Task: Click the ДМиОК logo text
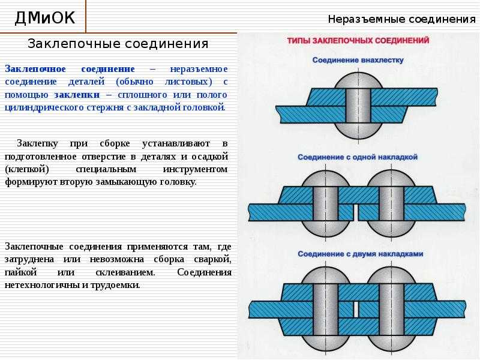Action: (44, 17)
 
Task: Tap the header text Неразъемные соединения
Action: (402, 19)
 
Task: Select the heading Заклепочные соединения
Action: (118, 44)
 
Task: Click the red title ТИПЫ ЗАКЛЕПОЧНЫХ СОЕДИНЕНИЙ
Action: (358, 40)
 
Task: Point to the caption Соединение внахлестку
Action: (358, 60)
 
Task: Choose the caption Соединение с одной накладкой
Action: (358, 157)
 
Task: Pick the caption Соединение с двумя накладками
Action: (361, 254)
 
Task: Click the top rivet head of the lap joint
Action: (358, 80)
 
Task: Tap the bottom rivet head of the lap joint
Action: (358, 131)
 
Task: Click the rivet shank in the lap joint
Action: (358, 106)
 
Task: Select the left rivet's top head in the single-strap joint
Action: (325, 179)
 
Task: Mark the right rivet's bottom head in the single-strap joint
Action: (391, 229)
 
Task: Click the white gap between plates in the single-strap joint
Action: (355, 212)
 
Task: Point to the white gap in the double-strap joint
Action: (356, 310)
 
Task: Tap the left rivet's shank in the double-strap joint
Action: (325, 310)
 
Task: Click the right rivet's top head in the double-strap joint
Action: (391, 275)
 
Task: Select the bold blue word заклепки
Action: (77, 95)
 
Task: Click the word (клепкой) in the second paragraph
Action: (27, 169)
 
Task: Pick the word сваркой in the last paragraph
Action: (212, 259)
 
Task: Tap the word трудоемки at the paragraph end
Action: (115, 285)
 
